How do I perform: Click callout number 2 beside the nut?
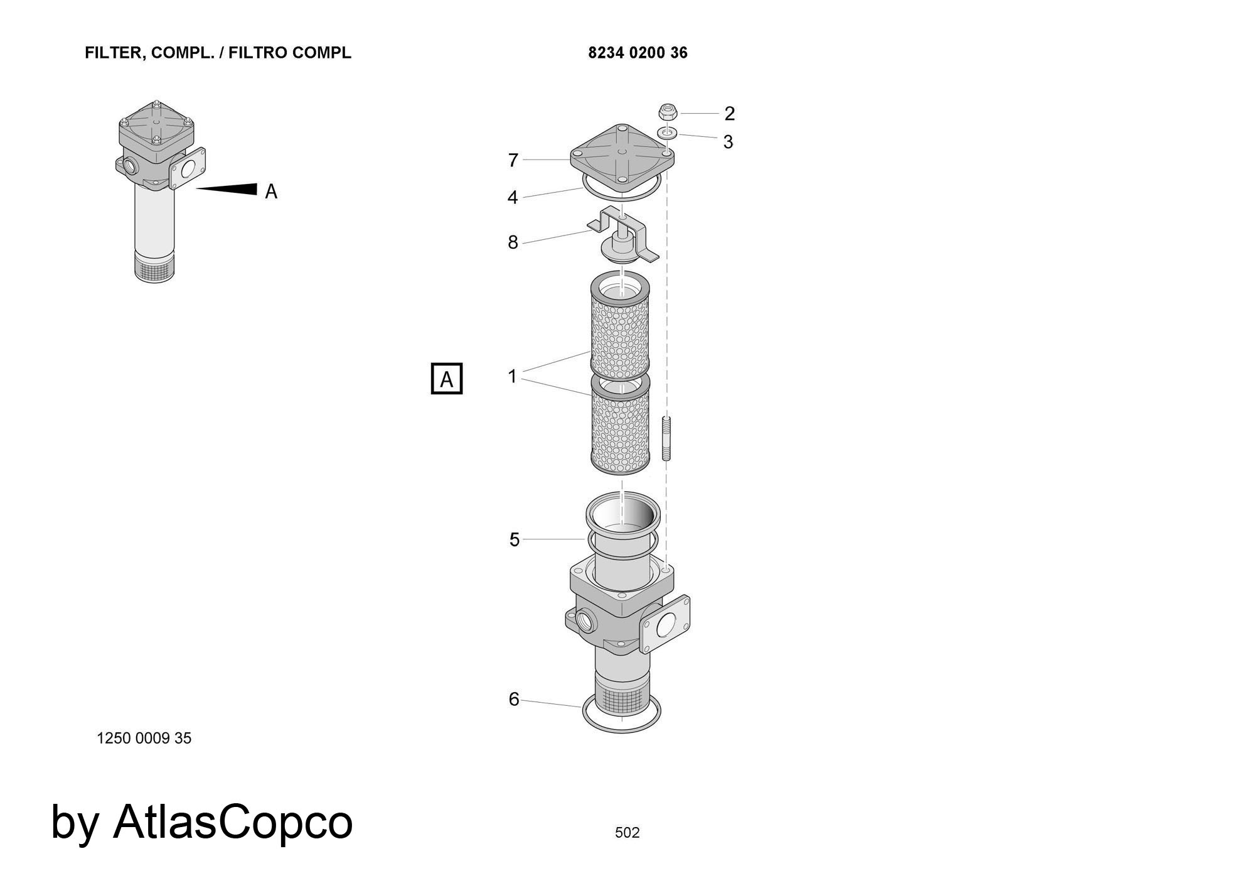tap(729, 114)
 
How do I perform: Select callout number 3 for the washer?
tap(728, 142)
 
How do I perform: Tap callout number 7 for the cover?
tap(513, 161)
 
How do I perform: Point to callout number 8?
tap(513, 242)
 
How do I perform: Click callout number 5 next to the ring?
tap(515, 539)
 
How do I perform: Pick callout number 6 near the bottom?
tap(514, 699)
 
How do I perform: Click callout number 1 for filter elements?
tap(513, 376)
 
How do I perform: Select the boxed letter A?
tap(447, 379)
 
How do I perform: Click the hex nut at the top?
tap(668, 113)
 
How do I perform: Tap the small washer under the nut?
tap(666, 133)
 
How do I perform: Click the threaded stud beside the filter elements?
tap(666, 438)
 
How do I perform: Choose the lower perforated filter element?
tap(620, 425)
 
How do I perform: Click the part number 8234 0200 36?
tap(638, 53)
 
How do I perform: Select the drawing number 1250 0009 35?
tap(144, 738)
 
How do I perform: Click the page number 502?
tap(627, 832)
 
